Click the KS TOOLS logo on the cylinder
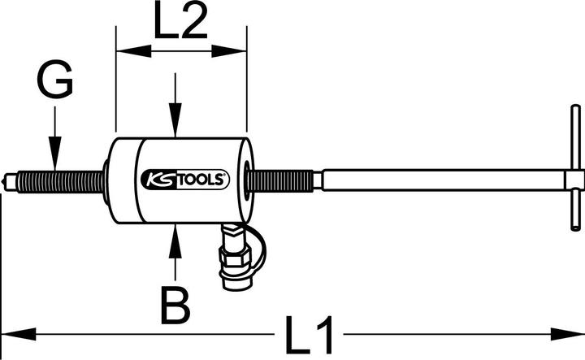click(x=186, y=178)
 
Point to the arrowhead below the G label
click(x=54, y=159)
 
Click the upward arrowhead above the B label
click(x=173, y=236)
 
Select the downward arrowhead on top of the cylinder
click(x=173, y=125)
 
